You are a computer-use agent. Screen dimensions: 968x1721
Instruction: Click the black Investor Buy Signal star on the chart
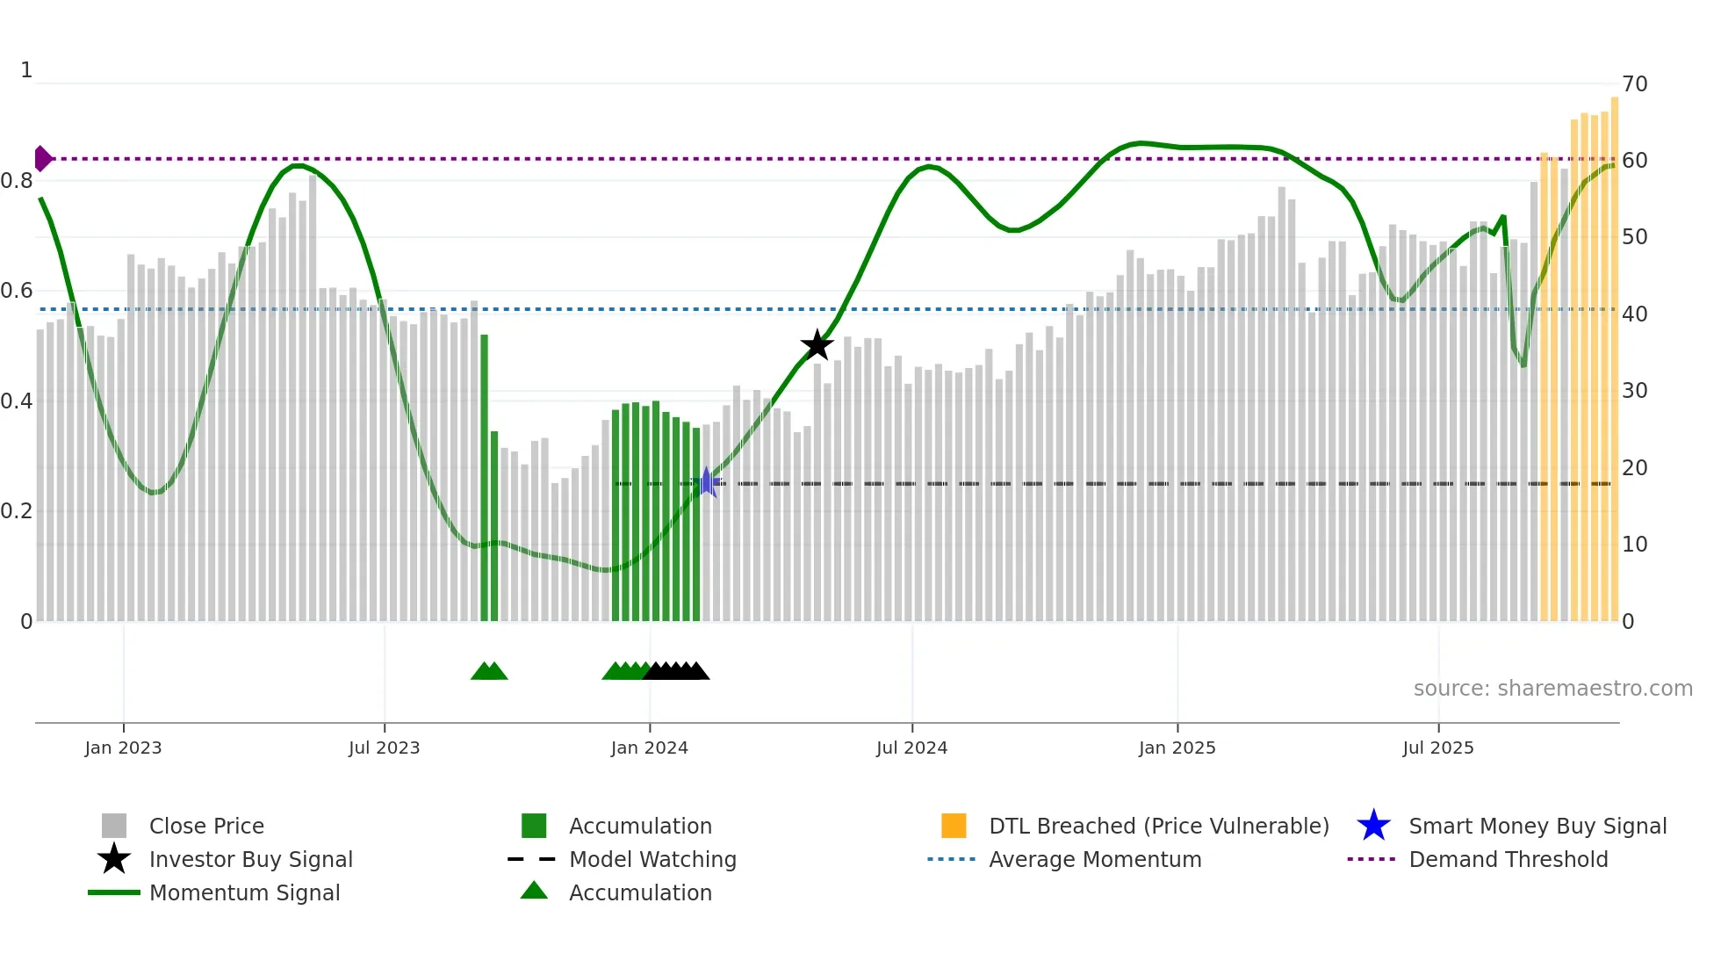point(817,345)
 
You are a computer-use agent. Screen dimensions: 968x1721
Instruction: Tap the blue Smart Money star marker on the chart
point(707,482)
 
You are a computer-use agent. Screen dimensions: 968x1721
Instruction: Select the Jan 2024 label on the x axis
point(649,748)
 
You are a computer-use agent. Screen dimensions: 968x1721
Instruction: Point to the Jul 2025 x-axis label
point(1437,748)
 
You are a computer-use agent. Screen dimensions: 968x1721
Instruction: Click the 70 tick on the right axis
point(1634,84)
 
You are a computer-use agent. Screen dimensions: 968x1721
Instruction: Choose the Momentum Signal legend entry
point(244,892)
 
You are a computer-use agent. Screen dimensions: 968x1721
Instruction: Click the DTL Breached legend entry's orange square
point(954,826)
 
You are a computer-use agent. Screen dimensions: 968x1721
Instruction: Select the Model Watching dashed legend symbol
point(532,859)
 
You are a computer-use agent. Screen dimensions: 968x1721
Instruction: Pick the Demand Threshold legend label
point(1508,859)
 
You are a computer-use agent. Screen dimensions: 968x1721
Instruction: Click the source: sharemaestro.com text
point(1552,689)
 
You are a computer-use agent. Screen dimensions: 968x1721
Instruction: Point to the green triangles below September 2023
point(489,671)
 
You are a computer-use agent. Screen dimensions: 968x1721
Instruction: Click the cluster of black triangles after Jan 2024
point(676,671)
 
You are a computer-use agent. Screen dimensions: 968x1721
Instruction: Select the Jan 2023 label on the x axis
point(123,748)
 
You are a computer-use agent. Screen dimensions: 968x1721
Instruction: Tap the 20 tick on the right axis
point(1634,467)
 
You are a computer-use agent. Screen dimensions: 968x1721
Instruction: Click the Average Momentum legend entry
point(1094,859)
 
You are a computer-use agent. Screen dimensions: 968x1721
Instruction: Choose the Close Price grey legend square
point(114,826)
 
